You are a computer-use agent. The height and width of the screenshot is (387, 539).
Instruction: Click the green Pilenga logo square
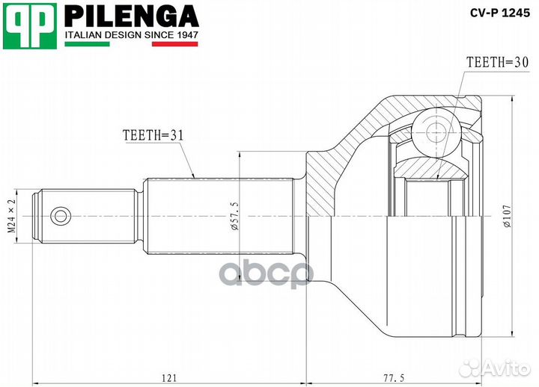(x=31, y=26)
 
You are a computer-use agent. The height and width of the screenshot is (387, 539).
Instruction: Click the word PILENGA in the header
(x=131, y=15)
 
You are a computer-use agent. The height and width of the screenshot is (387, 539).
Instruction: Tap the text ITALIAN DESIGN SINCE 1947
(x=131, y=34)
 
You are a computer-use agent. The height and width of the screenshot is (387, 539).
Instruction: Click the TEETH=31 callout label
(x=153, y=134)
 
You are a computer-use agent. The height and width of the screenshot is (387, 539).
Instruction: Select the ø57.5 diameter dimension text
(x=234, y=217)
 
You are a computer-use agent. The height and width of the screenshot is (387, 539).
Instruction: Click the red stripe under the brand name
(x=174, y=44)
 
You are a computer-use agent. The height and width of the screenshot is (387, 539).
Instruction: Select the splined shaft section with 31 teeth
(x=217, y=217)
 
